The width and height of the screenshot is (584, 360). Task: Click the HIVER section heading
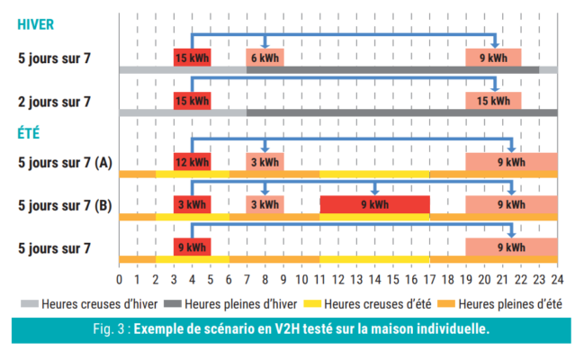36,24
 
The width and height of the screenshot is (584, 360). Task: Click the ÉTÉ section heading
31,134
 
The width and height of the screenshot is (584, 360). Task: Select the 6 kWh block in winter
265,58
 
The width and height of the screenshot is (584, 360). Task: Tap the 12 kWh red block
192,163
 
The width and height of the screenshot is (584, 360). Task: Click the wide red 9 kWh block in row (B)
374,204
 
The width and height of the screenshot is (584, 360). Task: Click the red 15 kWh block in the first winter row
192,58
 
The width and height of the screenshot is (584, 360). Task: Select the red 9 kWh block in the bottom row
192,247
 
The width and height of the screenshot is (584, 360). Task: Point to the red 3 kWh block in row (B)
192,204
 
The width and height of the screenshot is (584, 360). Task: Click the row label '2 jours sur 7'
55,102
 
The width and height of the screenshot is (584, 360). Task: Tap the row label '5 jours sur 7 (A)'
66,163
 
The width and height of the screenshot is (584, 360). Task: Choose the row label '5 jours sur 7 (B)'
66,205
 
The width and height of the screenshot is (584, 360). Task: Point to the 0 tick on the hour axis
120,280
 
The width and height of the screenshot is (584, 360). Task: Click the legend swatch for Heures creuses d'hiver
27,304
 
